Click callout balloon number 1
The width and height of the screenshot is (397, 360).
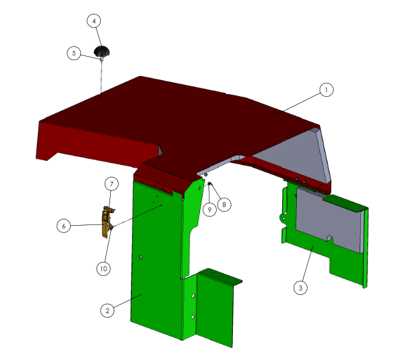pyautogui.click(x=326, y=89)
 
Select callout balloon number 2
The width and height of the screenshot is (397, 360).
pyautogui.click(x=107, y=311)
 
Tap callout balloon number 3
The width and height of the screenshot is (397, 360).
pyautogui.click(x=300, y=288)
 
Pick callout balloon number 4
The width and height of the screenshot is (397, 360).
pyautogui.click(x=94, y=21)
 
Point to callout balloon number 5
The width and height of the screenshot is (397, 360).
pyautogui.click(x=73, y=53)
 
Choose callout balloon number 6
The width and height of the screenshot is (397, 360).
pyautogui.click(x=63, y=226)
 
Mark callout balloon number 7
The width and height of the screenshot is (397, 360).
pyautogui.click(x=111, y=184)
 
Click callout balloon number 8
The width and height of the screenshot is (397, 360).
pyautogui.click(x=224, y=204)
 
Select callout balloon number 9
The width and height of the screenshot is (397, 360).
pyautogui.click(x=210, y=210)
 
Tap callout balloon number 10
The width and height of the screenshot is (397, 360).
pyautogui.click(x=103, y=268)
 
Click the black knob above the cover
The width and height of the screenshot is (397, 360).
pyautogui.click(x=102, y=51)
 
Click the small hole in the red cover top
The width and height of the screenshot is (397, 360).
pyautogui.click(x=101, y=97)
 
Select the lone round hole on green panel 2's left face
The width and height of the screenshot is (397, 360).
pyautogui.click(x=141, y=257)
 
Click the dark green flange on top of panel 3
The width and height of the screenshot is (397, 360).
pyautogui.click(x=344, y=202)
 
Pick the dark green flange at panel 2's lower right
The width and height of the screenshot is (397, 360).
pyautogui.click(x=220, y=277)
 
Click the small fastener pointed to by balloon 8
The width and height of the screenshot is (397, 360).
pyautogui.click(x=210, y=184)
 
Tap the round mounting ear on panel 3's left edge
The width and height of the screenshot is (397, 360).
pyautogui.click(x=283, y=218)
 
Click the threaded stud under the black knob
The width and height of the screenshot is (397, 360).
pyautogui.click(x=101, y=59)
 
